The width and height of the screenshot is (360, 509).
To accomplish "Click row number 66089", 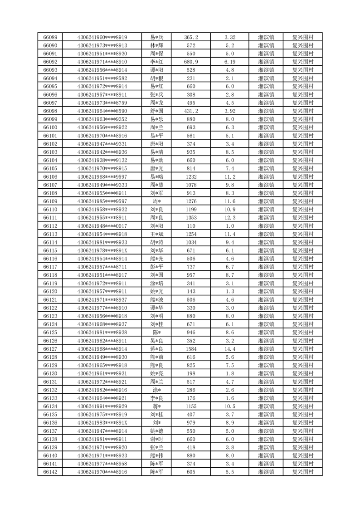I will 50,37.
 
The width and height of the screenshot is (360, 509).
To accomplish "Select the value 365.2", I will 191,37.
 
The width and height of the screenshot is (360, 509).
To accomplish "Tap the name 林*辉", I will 156,45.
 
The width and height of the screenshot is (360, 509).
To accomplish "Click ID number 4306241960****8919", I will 102,37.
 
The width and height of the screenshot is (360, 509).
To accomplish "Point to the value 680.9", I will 191,62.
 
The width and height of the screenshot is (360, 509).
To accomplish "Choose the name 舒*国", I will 156,111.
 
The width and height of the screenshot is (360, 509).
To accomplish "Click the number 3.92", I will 230,111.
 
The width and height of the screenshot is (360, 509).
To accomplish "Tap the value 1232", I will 191,176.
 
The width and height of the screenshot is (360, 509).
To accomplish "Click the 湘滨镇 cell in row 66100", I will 266,127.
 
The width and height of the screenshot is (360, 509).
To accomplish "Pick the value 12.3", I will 230,218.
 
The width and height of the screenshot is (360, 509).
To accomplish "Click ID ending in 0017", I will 102,226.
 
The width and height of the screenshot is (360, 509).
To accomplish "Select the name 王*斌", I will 156,234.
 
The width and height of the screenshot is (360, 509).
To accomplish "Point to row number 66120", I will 50,291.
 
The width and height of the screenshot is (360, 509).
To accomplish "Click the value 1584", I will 191,349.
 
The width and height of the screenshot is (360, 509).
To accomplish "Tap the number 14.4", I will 230,349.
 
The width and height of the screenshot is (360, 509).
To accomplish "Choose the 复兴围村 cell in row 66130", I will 303,373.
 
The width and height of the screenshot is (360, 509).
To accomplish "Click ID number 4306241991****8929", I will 102,406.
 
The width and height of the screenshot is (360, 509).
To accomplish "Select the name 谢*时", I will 156,439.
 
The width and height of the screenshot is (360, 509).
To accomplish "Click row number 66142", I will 50,472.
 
